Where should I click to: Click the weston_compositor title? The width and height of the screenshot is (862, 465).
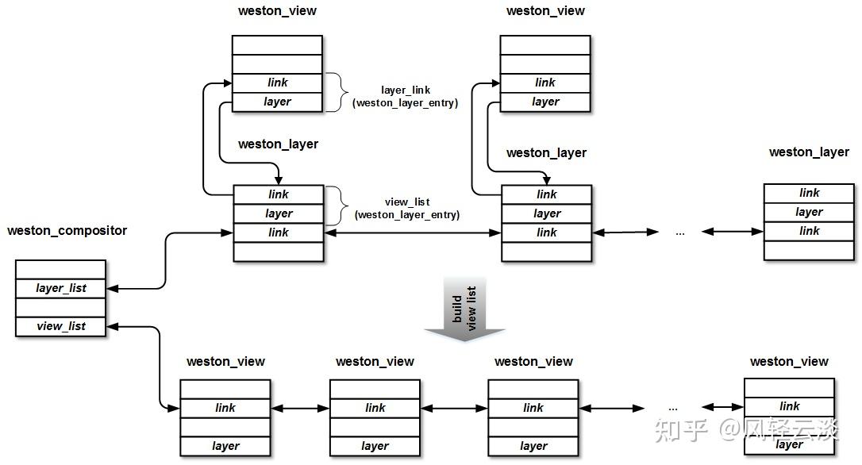[x=67, y=231]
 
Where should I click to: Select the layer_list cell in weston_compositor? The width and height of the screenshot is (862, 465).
[x=60, y=289]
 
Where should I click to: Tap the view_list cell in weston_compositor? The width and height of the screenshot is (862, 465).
[x=60, y=326]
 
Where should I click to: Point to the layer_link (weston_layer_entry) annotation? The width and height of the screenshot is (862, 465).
[x=405, y=96]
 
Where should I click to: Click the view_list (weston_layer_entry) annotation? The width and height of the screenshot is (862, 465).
[x=407, y=209]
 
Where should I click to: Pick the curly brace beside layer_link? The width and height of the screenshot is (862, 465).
[x=337, y=92]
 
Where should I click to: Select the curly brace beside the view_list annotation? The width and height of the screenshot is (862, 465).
[x=337, y=206]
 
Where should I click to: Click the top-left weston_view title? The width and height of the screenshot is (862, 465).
[x=277, y=11]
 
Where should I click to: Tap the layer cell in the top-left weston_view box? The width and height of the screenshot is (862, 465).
[x=277, y=102]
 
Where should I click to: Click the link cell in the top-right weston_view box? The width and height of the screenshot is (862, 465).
[x=545, y=83]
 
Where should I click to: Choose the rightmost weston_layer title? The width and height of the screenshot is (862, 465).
[x=809, y=152]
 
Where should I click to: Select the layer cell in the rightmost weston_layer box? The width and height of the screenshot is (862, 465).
[x=809, y=212]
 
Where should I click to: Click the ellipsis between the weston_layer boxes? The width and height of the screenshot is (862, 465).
[x=680, y=233]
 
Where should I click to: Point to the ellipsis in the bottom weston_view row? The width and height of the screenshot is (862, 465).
[x=673, y=409]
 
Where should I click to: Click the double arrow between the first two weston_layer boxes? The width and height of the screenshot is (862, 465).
[x=412, y=233]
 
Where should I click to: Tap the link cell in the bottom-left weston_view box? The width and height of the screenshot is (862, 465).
[x=225, y=409]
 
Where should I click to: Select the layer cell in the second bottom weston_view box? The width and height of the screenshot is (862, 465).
[x=375, y=446]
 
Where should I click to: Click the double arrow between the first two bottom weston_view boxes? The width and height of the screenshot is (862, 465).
[x=300, y=409]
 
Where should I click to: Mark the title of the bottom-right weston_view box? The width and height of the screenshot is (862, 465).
[x=789, y=362]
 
